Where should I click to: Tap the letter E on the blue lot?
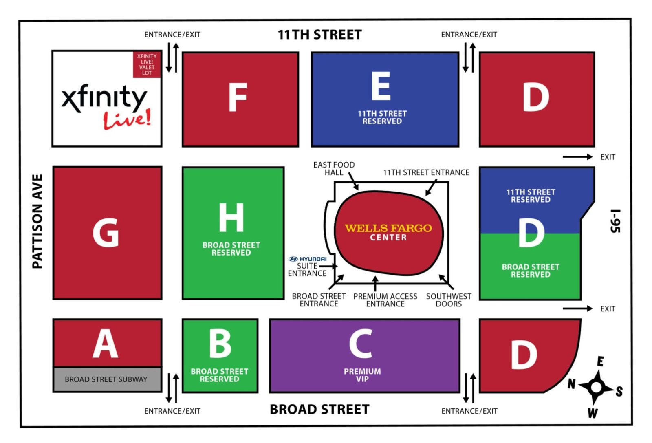[381, 86]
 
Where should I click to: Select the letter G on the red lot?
[106, 233]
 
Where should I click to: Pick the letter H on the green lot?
[231, 218]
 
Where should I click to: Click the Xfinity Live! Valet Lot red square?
[147, 64]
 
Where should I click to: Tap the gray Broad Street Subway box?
[106, 379]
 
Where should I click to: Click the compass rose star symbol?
[596, 387]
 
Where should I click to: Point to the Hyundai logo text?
[308, 259]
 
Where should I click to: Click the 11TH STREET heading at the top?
[319, 35]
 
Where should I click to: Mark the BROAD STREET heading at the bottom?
[319, 409]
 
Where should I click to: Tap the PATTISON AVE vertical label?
[37, 221]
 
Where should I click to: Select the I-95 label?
[615, 221]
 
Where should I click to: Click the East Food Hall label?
[334, 168]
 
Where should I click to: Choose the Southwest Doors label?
[449, 300]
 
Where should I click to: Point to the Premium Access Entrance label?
[385, 300]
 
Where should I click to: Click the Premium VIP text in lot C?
[362, 375]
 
